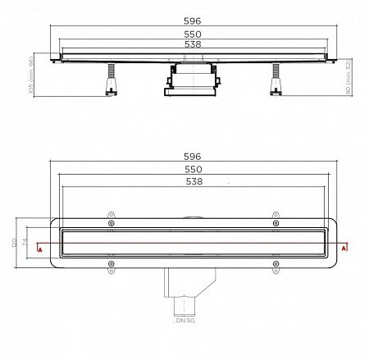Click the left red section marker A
pos(38,245)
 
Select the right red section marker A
pos(346,245)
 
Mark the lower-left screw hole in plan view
pos(111,263)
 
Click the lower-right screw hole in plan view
pos(275,263)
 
